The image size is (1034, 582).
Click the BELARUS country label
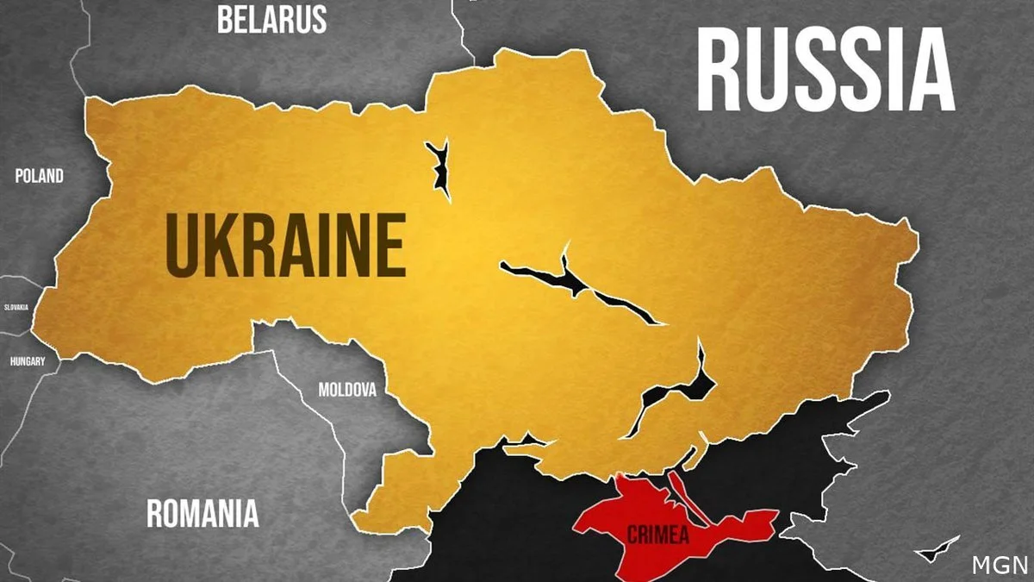pyautogui.click(x=271, y=19)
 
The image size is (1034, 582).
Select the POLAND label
pyautogui.click(x=40, y=176)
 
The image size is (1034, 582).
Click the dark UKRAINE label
pyautogui.click(x=285, y=245)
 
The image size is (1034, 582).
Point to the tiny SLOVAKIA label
pyautogui.click(x=16, y=307)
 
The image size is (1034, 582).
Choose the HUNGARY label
pyautogui.click(x=28, y=361)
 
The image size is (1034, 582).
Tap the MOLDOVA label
pyautogui.click(x=347, y=390)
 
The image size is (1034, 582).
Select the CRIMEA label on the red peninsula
pyautogui.click(x=657, y=535)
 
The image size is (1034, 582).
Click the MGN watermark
pyautogui.click(x=1000, y=566)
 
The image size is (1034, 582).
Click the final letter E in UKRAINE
pyautogui.click(x=389, y=245)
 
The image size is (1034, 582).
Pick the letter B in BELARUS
pyautogui.click(x=225, y=19)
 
